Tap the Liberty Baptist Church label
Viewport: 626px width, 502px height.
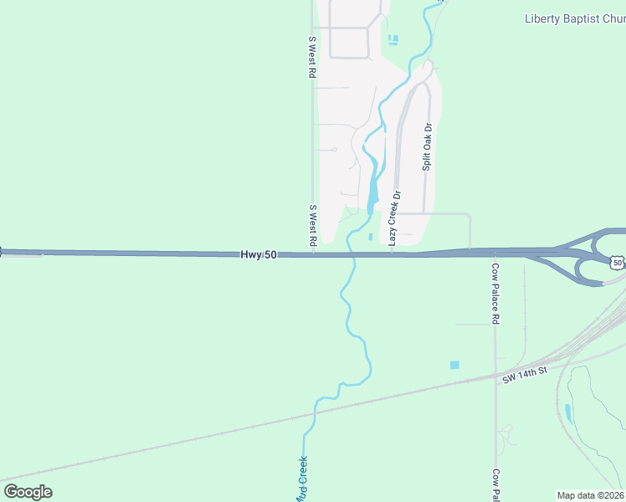[x=574, y=18]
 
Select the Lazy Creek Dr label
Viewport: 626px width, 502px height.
[x=393, y=218]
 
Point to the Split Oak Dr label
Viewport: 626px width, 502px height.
[x=427, y=147]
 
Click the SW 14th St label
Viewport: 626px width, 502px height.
[x=525, y=374]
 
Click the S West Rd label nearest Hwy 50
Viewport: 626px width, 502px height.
[x=313, y=225]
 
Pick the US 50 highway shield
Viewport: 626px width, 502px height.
[x=617, y=263]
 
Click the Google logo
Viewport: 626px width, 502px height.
[x=28, y=492]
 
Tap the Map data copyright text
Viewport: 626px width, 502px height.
[x=591, y=495]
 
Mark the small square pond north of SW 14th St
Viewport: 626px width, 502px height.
[x=454, y=365]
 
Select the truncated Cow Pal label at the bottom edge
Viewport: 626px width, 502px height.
[x=495, y=485]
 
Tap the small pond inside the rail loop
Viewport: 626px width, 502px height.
[x=568, y=412]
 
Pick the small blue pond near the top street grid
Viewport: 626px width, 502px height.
[x=393, y=38]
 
